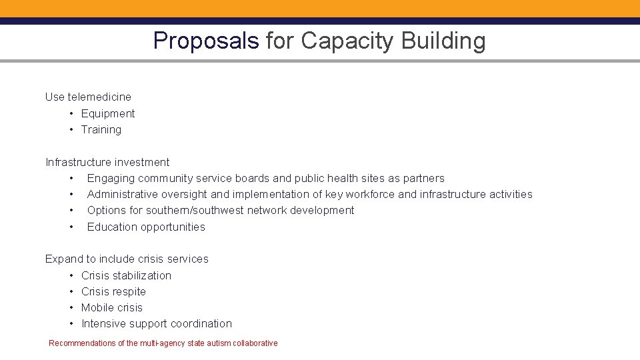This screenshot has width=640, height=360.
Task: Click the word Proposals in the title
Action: point(205,41)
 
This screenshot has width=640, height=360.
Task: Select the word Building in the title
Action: point(443,41)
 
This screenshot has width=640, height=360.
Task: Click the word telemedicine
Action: point(99,97)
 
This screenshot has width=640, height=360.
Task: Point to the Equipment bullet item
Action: point(108,113)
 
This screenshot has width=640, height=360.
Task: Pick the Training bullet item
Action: point(101,129)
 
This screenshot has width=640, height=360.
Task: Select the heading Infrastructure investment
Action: point(107,162)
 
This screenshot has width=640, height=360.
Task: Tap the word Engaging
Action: point(111,178)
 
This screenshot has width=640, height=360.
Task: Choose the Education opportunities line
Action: point(146,227)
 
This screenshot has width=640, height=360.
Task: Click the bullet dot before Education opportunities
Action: point(70,227)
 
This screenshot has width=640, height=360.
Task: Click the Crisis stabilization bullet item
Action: point(126,275)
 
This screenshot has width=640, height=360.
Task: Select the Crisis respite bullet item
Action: point(113,291)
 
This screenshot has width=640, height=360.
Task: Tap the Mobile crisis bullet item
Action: point(112,307)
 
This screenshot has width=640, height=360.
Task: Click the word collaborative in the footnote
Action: point(255,343)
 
